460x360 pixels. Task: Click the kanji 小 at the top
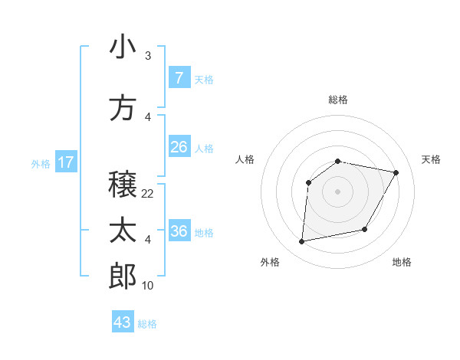click(x=123, y=47)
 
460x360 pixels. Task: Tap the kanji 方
click(x=123, y=108)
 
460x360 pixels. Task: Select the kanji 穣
click(x=123, y=184)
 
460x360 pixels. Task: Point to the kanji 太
click(x=123, y=231)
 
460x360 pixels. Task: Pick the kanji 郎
click(x=123, y=276)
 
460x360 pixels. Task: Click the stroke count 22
click(x=148, y=193)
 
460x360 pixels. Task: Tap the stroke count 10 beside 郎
click(x=148, y=286)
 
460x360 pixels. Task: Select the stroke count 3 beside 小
click(x=148, y=56)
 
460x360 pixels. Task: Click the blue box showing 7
click(x=179, y=77)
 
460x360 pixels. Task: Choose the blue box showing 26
click(x=179, y=146)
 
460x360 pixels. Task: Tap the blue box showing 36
click(x=179, y=231)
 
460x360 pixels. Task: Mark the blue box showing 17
click(x=65, y=162)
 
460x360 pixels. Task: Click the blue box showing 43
click(x=123, y=322)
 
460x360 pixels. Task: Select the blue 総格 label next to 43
click(x=147, y=324)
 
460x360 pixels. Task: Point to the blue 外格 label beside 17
click(x=41, y=163)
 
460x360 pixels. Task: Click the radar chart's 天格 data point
click(x=396, y=172)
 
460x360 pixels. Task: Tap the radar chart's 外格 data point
click(x=302, y=242)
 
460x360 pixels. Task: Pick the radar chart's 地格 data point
click(x=365, y=230)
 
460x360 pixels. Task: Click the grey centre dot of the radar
click(x=337, y=191)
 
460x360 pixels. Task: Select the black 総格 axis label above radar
click(x=337, y=100)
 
